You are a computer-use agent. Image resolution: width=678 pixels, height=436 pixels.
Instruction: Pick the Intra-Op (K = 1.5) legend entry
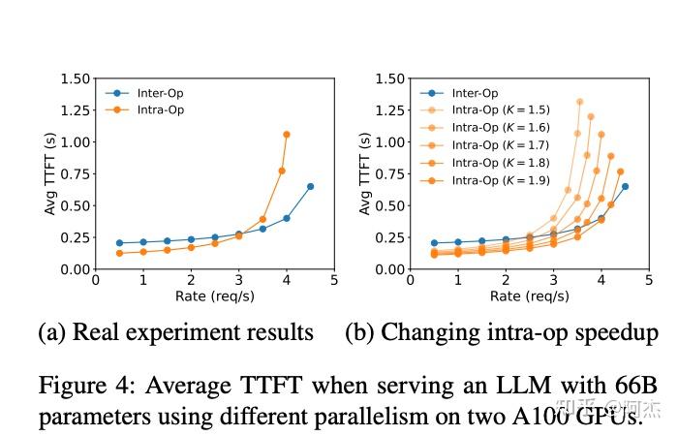tap(502, 110)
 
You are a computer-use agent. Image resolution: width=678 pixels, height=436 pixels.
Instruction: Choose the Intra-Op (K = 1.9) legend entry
tap(502, 180)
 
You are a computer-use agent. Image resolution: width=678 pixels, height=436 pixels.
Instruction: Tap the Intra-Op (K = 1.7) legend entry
tap(502, 145)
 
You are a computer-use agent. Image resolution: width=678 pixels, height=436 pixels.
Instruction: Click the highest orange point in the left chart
tap(286, 134)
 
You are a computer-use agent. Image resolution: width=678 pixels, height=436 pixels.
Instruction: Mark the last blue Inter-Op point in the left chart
tap(310, 186)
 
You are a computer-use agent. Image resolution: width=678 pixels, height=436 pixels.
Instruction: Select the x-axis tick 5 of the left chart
tap(334, 280)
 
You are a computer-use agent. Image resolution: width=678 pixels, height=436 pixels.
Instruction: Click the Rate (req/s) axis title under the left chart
tap(214, 296)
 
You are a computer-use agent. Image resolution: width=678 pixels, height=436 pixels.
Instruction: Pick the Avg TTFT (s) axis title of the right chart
tap(364, 173)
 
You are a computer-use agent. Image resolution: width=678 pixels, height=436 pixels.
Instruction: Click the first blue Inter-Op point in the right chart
tap(434, 242)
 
